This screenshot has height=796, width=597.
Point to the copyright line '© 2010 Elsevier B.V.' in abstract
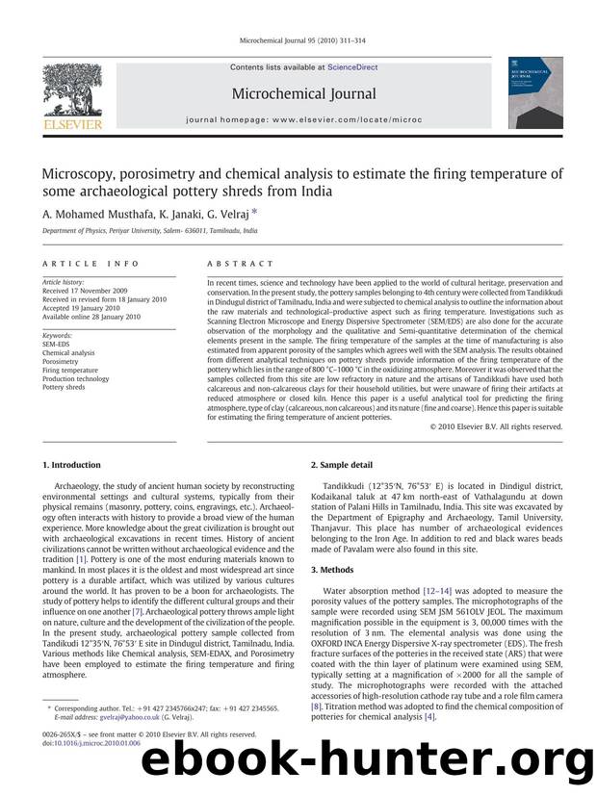tap(495, 425)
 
